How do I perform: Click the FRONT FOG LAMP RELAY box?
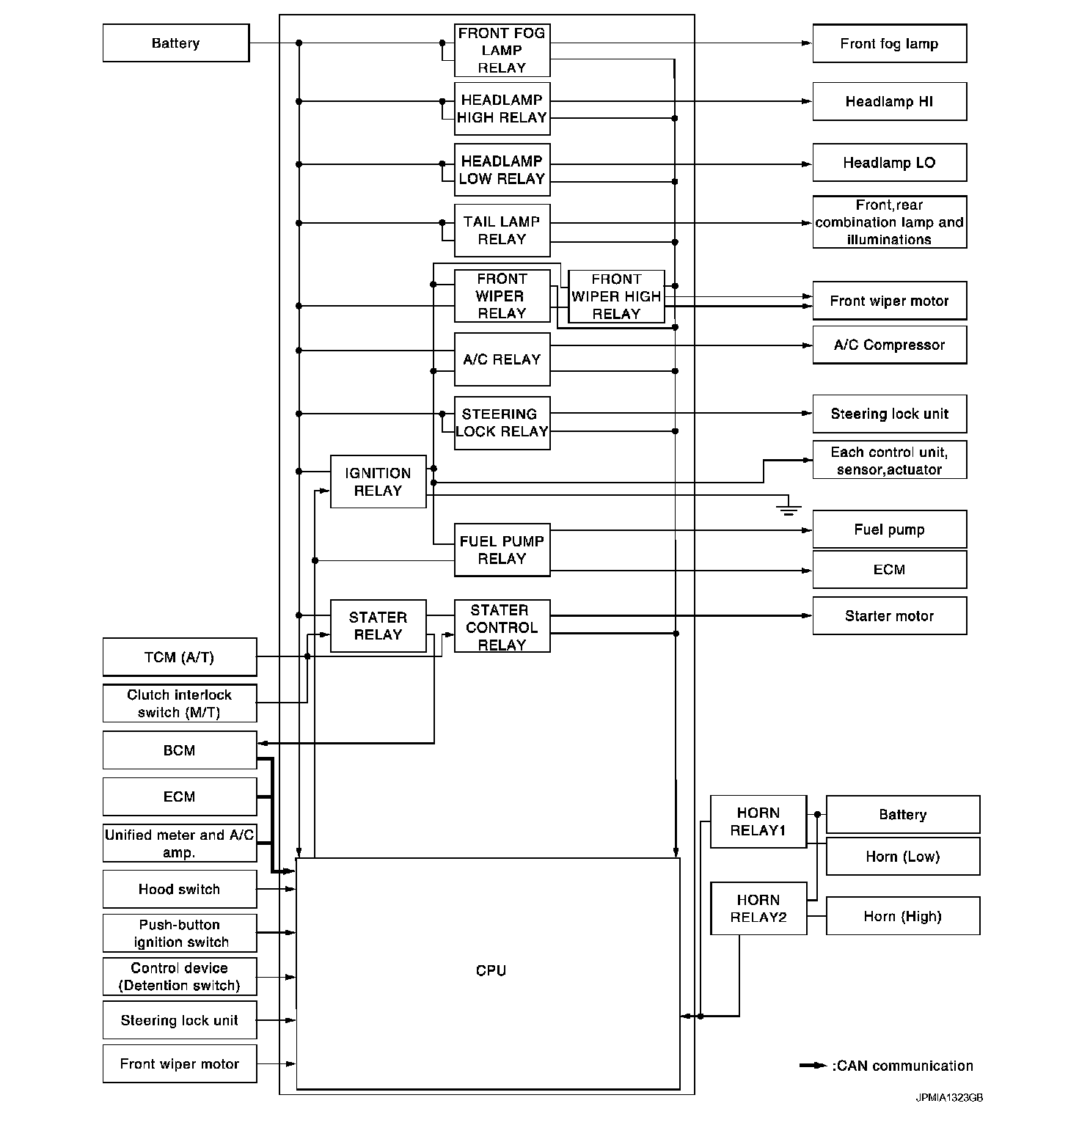pyautogui.click(x=502, y=51)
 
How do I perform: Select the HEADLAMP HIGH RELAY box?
pyautogui.click(x=502, y=109)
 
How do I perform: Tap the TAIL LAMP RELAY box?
pyautogui.click(x=502, y=230)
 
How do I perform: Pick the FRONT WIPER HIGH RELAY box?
pyautogui.click(x=616, y=296)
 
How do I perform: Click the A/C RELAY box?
pyautogui.click(x=502, y=359)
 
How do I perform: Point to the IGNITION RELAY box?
pyautogui.click(x=378, y=482)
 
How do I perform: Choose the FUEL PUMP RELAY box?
pyautogui.click(x=502, y=550)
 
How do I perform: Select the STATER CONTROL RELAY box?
pyautogui.click(x=502, y=627)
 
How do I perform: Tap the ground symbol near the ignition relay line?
pyautogui.click(x=789, y=508)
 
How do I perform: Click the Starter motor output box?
pyautogui.click(x=889, y=616)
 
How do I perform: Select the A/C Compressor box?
pyautogui.click(x=889, y=345)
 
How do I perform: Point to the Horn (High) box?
pyautogui.click(x=902, y=916)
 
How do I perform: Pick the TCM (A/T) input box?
pyautogui.click(x=180, y=657)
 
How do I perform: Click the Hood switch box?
pyautogui.click(x=180, y=889)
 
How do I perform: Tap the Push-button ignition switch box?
pyautogui.click(x=180, y=933)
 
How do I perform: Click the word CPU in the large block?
pyautogui.click(x=491, y=970)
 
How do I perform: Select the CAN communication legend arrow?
pyautogui.click(x=813, y=1066)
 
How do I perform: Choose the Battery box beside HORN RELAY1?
pyautogui.click(x=902, y=814)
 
